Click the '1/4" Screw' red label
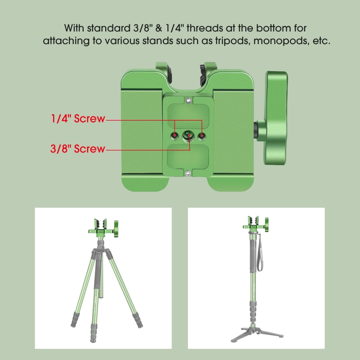77,119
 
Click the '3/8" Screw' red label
77,148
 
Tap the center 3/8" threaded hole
189,135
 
